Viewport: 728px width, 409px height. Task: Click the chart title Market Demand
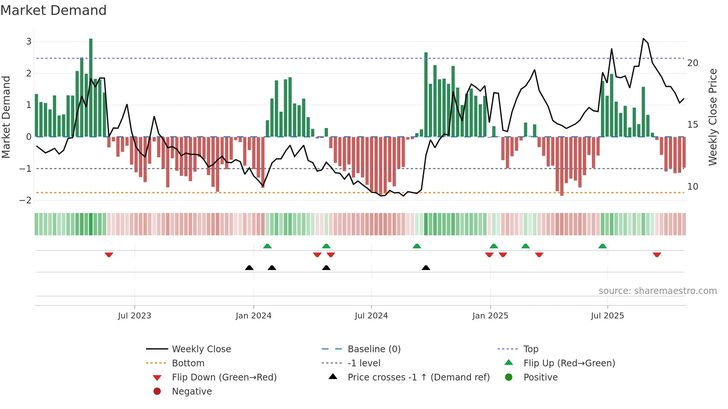point(53,10)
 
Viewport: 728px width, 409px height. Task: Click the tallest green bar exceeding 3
point(91,87)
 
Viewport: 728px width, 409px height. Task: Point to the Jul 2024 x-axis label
point(371,316)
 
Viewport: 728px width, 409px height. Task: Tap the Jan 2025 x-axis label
point(490,316)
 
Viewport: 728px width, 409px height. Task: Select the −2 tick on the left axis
point(26,200)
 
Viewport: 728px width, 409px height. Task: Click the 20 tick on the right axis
point(692,63)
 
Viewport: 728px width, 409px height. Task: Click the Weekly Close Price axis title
point(712,117)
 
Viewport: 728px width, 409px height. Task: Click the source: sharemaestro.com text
point(657,291)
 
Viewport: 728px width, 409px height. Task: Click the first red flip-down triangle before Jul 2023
point(109,255)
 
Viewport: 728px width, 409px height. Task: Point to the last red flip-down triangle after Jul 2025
point(657,255)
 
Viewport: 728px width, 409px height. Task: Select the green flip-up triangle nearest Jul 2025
point(602,246)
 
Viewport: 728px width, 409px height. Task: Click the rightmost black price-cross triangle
point(426,268)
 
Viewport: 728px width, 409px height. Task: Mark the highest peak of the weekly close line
point(644,39)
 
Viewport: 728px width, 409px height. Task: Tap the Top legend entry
point(530,349)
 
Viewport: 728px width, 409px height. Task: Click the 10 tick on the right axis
point(692,187)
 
